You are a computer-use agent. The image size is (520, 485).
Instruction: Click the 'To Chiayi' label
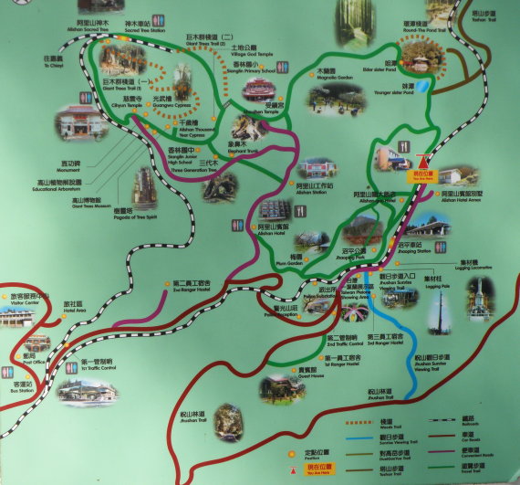tap(52, 62)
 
